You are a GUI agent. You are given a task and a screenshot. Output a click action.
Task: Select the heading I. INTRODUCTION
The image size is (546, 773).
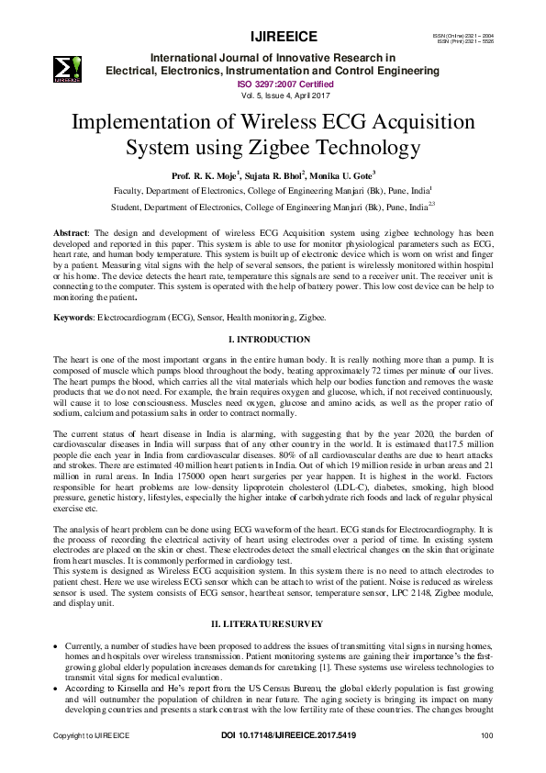coord(273,339)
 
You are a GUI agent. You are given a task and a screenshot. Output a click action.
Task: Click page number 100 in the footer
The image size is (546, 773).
coord(487,761)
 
